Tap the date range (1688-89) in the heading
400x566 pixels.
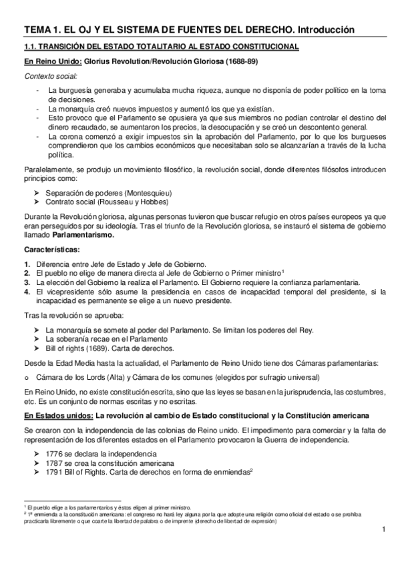click(239, 62)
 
